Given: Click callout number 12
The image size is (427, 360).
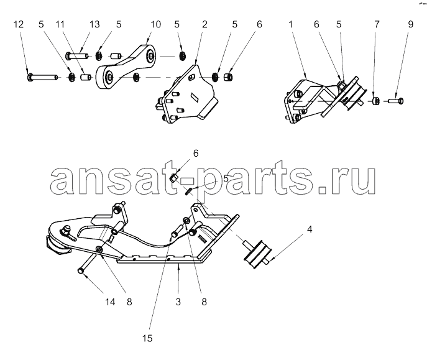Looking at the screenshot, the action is click(x=19, y=24).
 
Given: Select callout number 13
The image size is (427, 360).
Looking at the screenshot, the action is click(x=94, y=24).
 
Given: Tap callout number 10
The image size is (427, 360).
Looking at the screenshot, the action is click(x=156, y=24).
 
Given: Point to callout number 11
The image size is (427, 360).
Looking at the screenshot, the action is click(x=60, y=24).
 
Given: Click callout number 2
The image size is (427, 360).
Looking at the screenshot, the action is click(x=204, y=24).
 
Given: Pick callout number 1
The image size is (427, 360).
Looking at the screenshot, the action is click(x=290, y=24).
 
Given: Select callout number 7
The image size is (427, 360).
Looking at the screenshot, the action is click(x=377, y=24).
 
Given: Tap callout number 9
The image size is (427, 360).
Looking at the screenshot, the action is click(x=411, y=24).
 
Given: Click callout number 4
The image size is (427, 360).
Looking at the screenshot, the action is click(x=310, y=229).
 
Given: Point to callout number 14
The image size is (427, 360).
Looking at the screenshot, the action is click(x=110, y=302).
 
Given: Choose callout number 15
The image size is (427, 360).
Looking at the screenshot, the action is click(x=147, y=338).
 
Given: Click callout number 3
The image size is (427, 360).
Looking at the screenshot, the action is click(x=178, y=302).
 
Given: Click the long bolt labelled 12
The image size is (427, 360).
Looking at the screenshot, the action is click(x=42, y=77).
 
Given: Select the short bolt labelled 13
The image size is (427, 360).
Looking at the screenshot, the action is click(x=76, y=57).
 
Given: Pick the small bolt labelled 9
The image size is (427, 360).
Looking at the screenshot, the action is click(x=397, y=101).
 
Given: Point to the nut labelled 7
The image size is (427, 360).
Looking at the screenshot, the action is click(x=377, y=101).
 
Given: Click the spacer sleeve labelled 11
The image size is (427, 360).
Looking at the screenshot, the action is click(x=86, y=77).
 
